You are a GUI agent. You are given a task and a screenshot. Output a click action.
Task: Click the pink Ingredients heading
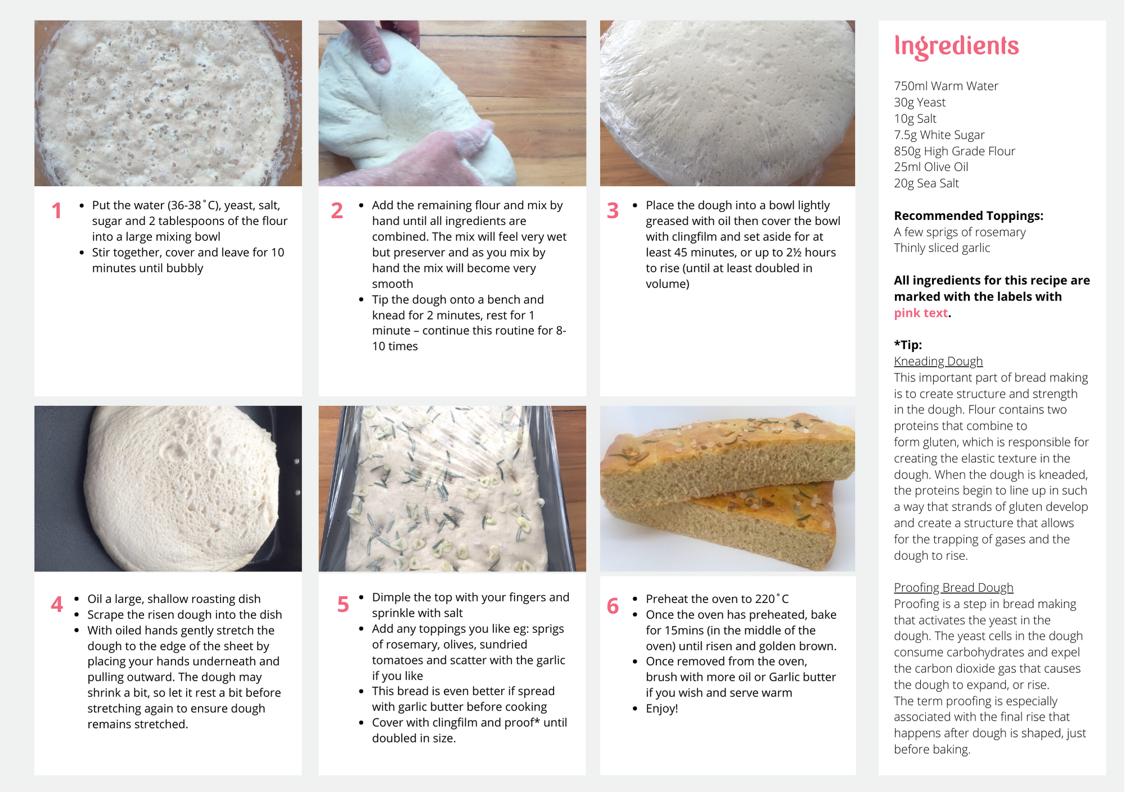pos(956,46)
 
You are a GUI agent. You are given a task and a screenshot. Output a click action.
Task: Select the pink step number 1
pos(57,211)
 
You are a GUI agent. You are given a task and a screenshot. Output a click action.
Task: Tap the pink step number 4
pos(57,605)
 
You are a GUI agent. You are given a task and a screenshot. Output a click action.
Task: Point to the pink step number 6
pos(613,606)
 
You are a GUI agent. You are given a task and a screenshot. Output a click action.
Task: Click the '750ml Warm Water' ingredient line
pos(946,86)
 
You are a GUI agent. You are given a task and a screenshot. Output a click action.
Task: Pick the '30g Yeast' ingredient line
pos(920,102)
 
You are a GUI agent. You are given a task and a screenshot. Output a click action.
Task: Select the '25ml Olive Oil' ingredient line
pos(931,167)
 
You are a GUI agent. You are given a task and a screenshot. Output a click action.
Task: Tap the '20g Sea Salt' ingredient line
pos(926,183)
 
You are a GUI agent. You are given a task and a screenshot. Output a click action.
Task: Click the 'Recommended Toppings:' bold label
pos(969,216)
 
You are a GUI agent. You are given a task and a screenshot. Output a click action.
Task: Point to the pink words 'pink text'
pos(921,313)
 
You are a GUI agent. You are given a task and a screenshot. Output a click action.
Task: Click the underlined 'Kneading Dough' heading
pos(938,361)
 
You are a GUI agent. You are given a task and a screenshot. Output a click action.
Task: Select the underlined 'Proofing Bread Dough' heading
pos(953,588)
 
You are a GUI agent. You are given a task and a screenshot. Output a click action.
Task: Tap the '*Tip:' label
pos(908,345)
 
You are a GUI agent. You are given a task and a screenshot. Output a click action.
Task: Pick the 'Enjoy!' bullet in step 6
pos(662,709)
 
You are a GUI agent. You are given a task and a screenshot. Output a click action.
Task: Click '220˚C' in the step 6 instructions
pos(772,599)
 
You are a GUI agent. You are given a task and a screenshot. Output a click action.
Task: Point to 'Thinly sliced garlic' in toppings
pos(942,248)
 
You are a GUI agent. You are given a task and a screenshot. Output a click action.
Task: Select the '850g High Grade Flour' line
pos(955,151)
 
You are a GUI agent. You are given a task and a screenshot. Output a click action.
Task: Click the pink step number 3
pos(613,211)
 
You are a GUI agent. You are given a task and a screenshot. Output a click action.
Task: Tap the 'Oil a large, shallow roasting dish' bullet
pos(174,599)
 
